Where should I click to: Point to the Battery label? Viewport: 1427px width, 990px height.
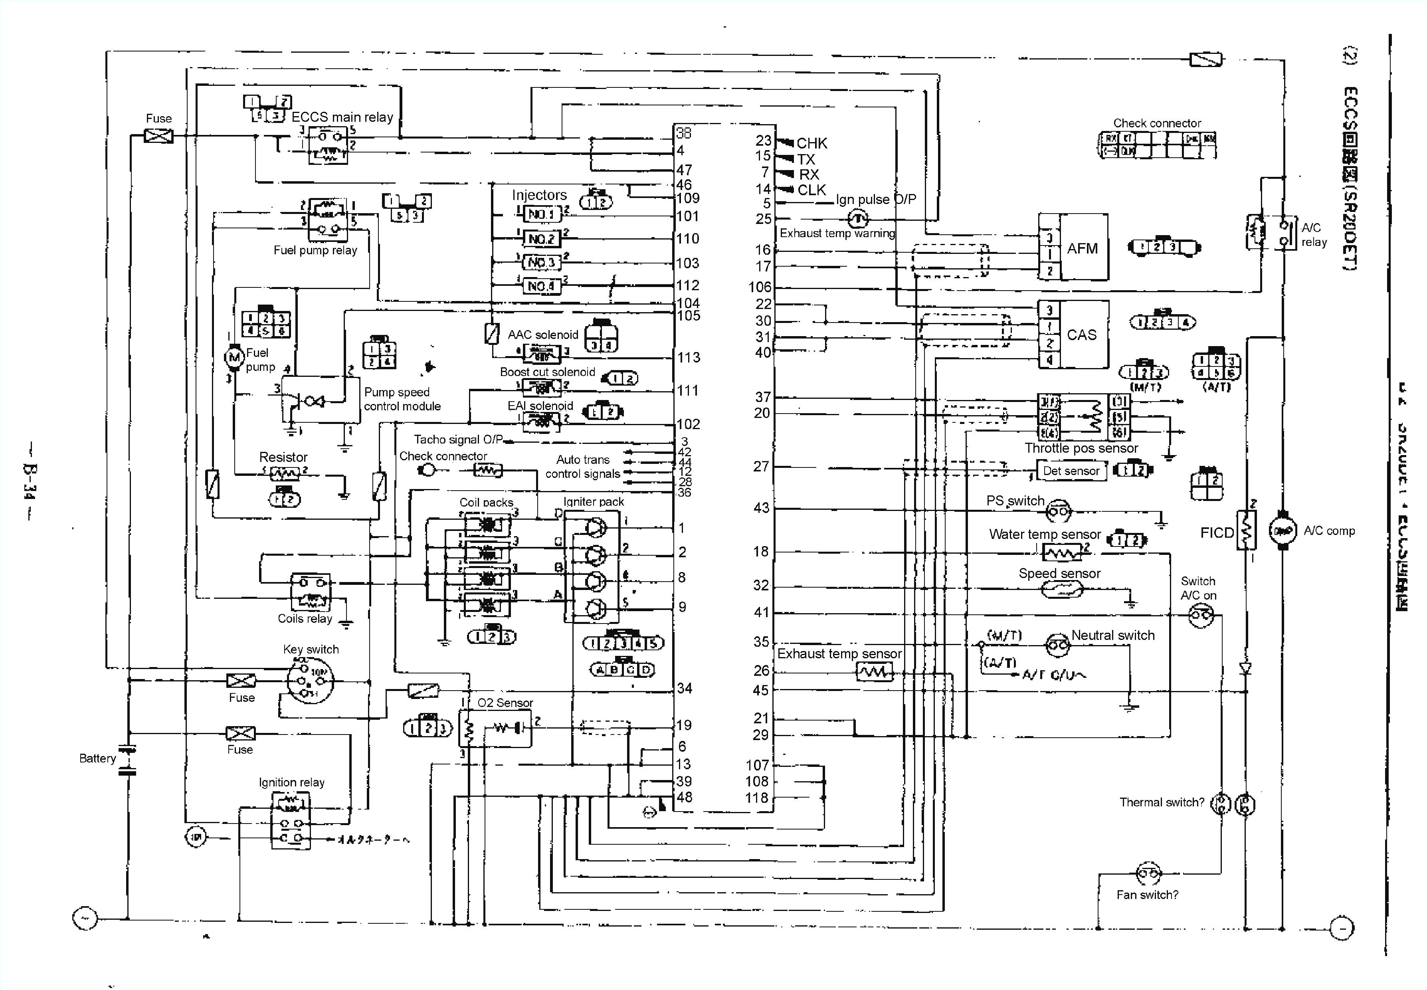(x=97, y=758)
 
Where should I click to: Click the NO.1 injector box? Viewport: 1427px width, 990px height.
(x=541, y=215)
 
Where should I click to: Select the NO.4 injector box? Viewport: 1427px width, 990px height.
(x=541, y=286)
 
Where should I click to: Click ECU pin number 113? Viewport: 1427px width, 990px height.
(x=689, y=357)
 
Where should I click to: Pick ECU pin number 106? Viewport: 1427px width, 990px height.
(x=760, y=287)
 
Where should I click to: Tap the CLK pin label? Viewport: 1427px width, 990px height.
(x=812, y=190)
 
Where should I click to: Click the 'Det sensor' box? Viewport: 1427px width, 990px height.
(x=1071, y=471)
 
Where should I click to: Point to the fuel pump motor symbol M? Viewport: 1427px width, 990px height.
(x=234, y=356)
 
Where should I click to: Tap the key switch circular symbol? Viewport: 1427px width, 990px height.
(x=309, y=681)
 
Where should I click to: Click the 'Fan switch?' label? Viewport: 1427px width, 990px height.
(x=1147, y=895)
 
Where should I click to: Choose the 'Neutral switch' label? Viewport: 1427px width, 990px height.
(x=1112, y=635)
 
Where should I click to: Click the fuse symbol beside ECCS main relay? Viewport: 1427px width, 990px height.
(x=159, y=135)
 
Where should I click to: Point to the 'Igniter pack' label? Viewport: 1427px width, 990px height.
(x=594, y=501)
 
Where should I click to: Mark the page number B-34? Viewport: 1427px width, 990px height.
(x=29, y=481)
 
